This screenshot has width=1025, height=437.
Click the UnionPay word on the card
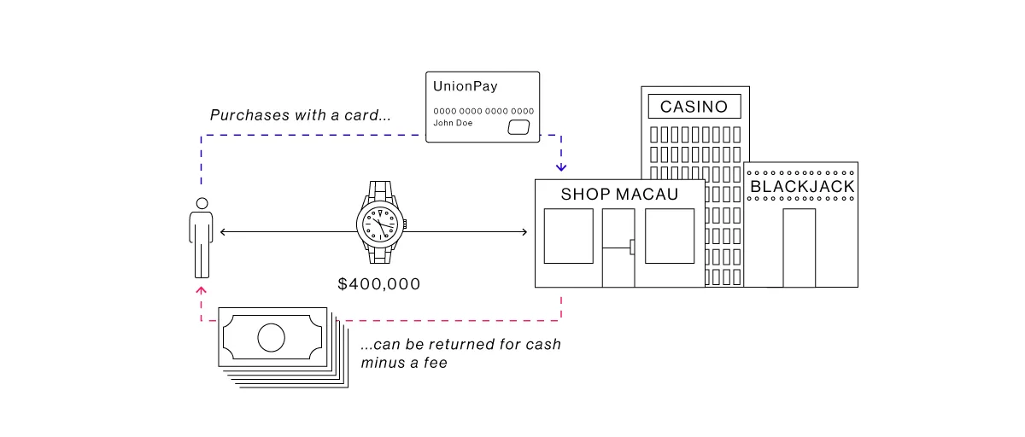[x=466, y=87]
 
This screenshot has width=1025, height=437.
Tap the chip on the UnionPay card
[x=518, y=127]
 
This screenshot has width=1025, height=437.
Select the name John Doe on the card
[x=453, y=123]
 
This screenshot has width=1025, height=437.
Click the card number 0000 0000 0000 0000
[x=483, y=111]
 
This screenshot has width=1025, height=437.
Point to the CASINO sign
[x=694, y=107]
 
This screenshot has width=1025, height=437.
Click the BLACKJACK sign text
[x=802, y=187]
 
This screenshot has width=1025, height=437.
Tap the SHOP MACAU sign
[x=619, y=195]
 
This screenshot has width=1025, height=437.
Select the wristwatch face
[x=378, y=224]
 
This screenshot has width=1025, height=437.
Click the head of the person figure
[x=202, y=203]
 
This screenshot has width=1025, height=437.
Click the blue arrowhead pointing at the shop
[x=561, y=166]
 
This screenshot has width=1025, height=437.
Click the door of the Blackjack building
[x=799, y=247]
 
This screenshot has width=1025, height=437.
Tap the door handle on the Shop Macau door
[x=631, y=248]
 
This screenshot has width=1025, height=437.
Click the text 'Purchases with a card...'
[x=301, y=114]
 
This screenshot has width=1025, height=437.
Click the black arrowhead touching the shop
[x=524, y=231]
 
